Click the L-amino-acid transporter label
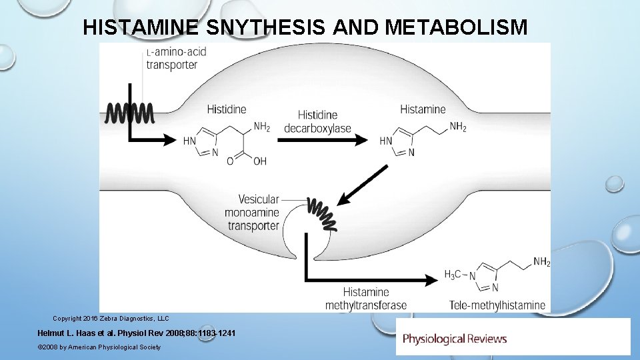coord(175,58)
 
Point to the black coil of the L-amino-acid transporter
coord(129,113)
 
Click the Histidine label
coord(226,109)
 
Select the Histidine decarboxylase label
coord(317,122)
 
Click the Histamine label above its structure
coord(423,109)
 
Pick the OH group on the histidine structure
coord(259,161)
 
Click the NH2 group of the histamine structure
coord(458,127)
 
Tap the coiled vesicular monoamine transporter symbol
coord(321,213)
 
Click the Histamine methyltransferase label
coord(365,299)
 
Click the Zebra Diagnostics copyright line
coord(111,319)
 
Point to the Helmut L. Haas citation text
coord(137,333)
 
